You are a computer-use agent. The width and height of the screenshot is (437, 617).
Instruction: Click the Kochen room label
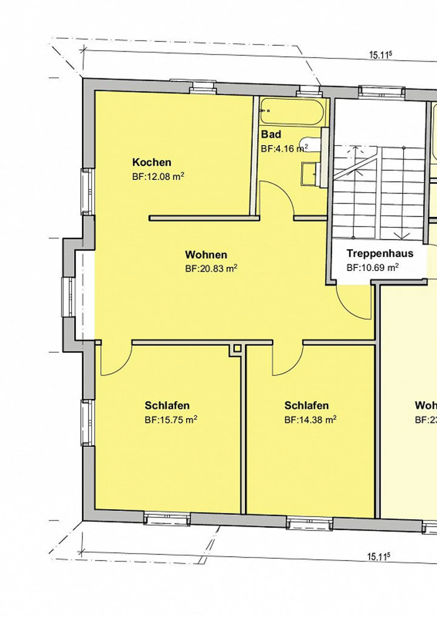click(152, 162)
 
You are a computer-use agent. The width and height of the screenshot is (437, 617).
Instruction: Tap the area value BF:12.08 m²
click(158, 177)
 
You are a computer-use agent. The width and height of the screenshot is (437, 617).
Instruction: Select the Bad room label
click(271, 134)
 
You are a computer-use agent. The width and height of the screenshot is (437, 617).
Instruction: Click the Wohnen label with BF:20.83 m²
click(206, 255)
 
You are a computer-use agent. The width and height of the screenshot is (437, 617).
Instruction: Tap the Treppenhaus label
click(380, 253)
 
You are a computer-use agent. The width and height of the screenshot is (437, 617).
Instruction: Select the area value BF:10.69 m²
click(372, 268)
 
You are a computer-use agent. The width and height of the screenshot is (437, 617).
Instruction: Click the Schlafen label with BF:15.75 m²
click(167, 405)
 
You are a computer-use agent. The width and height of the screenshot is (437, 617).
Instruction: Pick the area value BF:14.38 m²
click(310, 420)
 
